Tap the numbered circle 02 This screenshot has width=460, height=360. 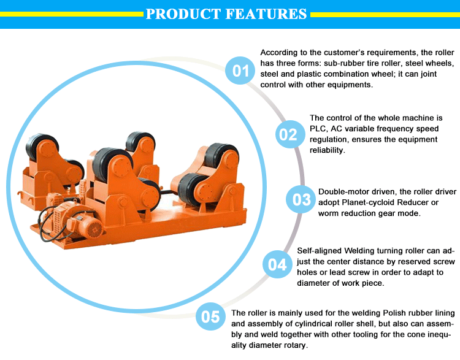tap(288, 134)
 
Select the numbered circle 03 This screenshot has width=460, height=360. tap(302, 199)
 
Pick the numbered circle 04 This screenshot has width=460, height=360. tap(277, 265)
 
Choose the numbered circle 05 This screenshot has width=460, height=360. tap(211, 317)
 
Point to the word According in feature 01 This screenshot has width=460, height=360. tap(278, 52)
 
